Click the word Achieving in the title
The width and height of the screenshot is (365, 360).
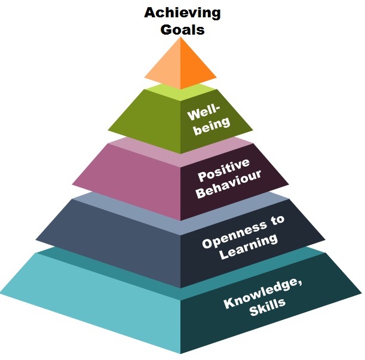(x=182, y=13)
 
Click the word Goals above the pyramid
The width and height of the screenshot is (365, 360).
(x=183, y=30)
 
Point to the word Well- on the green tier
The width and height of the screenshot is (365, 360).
(x=204, y=113)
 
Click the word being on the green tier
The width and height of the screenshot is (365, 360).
(x=212, y=126)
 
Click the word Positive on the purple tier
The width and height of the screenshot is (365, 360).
(x=223, y=170)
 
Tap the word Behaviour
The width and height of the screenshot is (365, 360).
(x=229, y=184)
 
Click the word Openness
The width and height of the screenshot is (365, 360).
(x=234, y=236)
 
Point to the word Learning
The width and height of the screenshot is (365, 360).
(x=249, y=247)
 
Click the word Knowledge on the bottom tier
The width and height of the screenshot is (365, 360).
(x=263, y=294)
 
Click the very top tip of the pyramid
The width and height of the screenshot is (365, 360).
(x=180, y=38)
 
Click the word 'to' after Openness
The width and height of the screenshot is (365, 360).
(x=277, y=220)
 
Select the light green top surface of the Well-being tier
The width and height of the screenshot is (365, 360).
(x=180, y=93)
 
